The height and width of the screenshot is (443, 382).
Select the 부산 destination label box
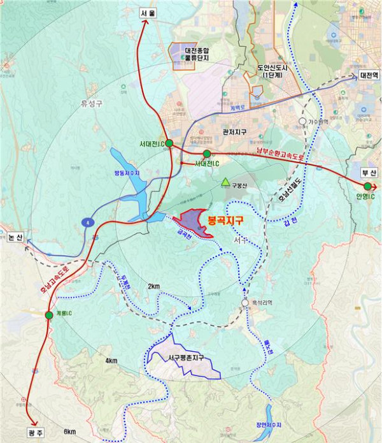coord(368,172)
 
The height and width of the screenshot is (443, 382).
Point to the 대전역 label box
coord(369,75)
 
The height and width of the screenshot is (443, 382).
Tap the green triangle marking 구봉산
coord(225,183)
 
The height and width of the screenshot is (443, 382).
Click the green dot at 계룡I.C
coord(49,315)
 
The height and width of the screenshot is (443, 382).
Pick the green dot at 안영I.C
coord(367,186)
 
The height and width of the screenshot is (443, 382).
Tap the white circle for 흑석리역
coord(245,303)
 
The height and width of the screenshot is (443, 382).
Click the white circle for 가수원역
coord(303,120)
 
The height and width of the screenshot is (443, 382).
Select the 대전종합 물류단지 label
coord(197,53)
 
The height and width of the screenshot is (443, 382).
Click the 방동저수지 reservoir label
coord(127,172)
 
